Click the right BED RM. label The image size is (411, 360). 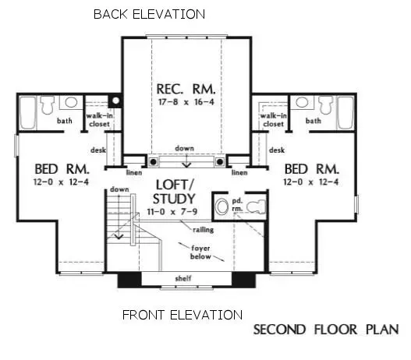click(311, 169)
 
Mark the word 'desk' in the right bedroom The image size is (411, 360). click(276, 149)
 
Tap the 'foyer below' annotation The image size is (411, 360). click(196, 251)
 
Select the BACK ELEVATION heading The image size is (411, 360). click(150, 14)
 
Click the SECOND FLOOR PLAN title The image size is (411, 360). click(325, 329)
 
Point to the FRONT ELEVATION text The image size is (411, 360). click(182, 315)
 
